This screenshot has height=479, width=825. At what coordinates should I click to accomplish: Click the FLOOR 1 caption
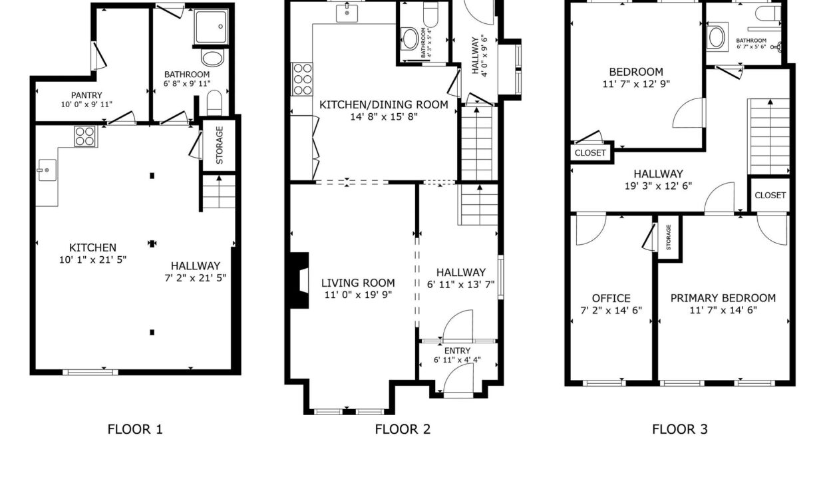[x=135, y=429]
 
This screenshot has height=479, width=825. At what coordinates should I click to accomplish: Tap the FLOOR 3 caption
[x=679, y=429]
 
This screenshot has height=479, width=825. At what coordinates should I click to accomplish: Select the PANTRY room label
[x=86, y=95]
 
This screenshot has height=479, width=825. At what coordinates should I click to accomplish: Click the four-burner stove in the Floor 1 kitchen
[x=85, y=136]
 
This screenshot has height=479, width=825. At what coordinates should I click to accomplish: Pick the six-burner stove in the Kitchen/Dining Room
[x=302, y=79]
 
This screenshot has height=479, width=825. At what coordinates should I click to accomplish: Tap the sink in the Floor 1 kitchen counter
[x=47, y=170]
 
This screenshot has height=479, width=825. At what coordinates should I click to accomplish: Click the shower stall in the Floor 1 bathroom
[x=211, y=27]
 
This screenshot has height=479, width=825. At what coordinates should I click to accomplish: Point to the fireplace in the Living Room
[x=299, y=280]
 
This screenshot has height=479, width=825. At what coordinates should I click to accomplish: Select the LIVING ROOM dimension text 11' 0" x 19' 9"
[x=358, y=295]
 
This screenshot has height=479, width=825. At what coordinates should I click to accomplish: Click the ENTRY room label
[x=457, y=351]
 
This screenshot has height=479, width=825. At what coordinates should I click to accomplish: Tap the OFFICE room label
[x=611, y=298]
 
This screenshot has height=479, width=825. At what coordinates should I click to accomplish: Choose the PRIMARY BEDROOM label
[x=723, y=298]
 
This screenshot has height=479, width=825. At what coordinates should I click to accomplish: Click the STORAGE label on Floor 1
[x=220, y=145]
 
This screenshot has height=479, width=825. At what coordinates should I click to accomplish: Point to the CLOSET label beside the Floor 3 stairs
[x=770, y=195]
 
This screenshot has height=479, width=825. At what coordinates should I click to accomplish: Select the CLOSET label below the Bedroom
[x=590, y=153]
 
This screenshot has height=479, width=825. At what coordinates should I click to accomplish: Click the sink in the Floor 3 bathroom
[x=717, y=37]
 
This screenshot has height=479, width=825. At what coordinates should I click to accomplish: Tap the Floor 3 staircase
[x=769, y=136]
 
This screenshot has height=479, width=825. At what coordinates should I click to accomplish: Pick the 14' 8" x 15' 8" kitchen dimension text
[x=384, y=116]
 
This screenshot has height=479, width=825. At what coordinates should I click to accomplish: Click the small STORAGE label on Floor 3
[x=669, y=237]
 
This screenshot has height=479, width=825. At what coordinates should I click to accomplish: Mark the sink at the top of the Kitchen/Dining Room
[x=347, y=13]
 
